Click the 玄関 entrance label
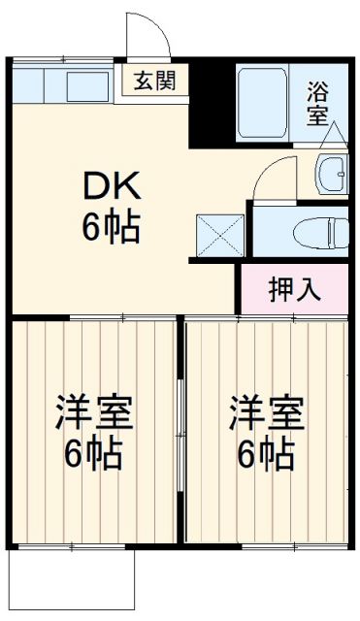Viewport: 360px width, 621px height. (154, 82)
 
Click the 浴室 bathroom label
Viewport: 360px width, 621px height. (317, 104)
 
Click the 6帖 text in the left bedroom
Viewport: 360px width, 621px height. (92, 455)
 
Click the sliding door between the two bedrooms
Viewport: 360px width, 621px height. (181, 427)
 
